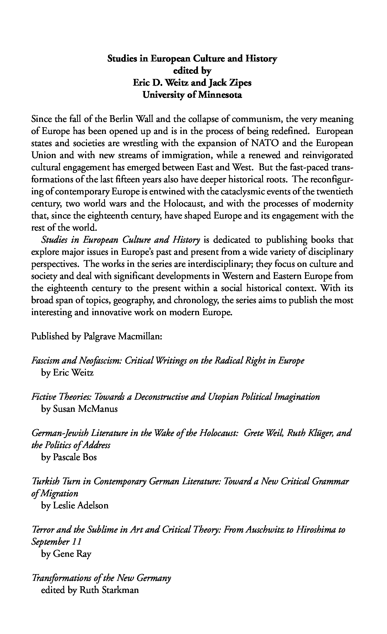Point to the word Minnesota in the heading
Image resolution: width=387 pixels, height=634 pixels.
tap(220, 95)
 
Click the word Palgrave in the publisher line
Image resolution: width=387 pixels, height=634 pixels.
tap(99, 336)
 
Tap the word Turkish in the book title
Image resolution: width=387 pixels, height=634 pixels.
tap(43, 482)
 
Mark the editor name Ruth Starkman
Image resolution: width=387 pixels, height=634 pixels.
tap(108, 590)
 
